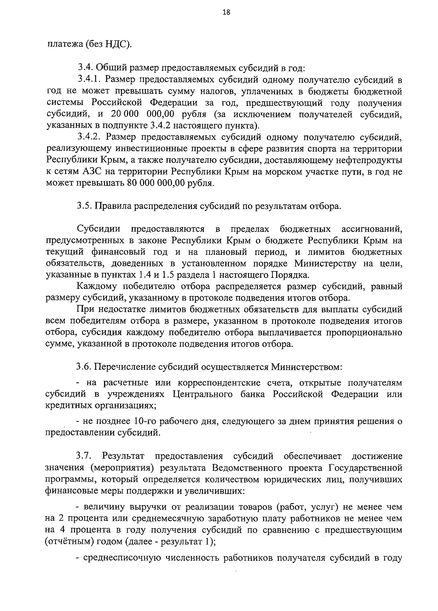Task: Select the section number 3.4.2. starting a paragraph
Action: [89, 137]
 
